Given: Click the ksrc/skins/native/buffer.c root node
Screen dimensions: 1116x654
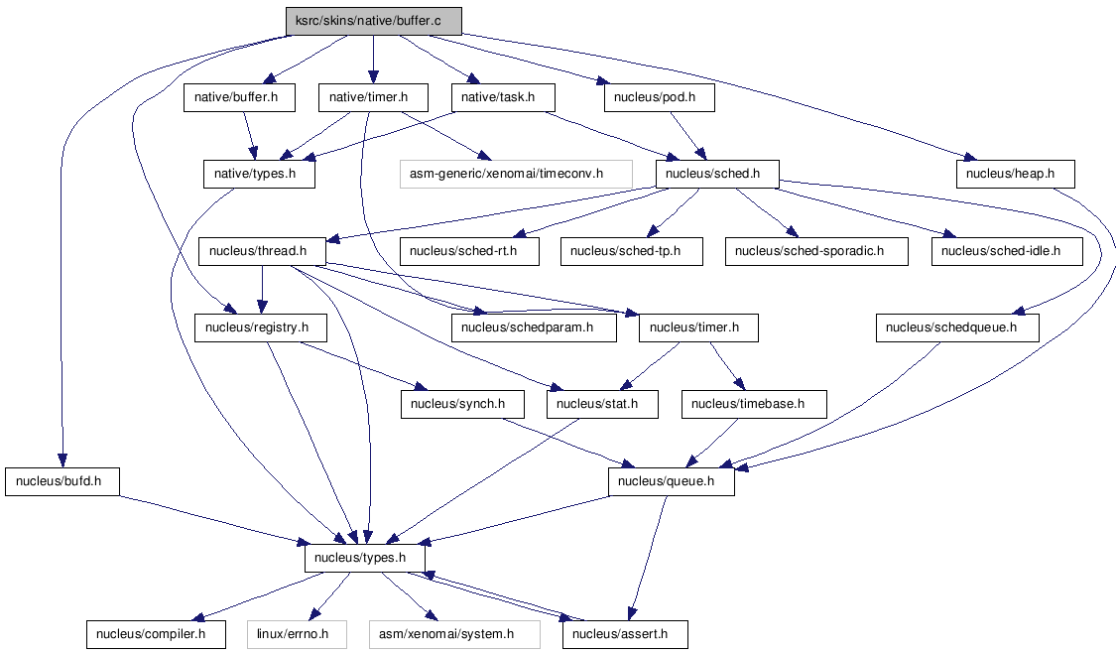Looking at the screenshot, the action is pyautogui.click(x=374, y=21).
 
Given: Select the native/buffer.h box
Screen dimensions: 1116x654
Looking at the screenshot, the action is pyautogui.click(x=239, y=97).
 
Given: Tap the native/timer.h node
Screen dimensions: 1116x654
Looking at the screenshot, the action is pyautogui.click(x=373, y=97).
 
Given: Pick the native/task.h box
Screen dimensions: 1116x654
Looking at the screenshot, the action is pyautogui.click(x=503, y=97).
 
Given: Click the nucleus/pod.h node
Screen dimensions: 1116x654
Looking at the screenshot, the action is pyautogui.click(x=659, y=97).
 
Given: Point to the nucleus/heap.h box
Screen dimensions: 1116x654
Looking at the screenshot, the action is pyautogui.click(x=1015, y=174).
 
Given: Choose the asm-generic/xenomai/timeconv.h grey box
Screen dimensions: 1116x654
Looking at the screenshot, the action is pyautogui.click(x=516, y=174).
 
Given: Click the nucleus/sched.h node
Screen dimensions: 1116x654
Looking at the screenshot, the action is pyautogui.click(x=717, y=174).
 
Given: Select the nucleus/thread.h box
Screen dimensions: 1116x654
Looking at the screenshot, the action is pyautogui.click(x=262, y=251).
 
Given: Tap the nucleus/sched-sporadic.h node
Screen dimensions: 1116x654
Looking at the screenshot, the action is pyautogui.click(x=816, y=251).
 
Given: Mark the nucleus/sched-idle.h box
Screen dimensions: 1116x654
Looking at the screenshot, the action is pyautogui.click(x=1007, y=251).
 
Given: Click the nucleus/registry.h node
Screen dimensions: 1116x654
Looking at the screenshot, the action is pyautogui.click(x=261, y=327).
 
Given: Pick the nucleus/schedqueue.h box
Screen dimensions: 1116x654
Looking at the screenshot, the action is pyautogui.click(x=957, y=327).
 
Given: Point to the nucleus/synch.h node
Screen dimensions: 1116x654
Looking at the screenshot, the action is pyautogui.click(x=462, y=405).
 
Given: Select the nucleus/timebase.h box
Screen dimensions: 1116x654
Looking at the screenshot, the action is pyautogui.click(x=754, y=405).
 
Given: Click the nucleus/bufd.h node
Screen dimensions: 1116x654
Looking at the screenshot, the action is pyautogui.click(x=62, y=481).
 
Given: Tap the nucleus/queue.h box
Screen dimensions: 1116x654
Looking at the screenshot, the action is pyautogui.click(x=672, y=481).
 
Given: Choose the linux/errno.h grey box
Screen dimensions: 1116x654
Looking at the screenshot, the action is pyautogui.click(x=297, y=634).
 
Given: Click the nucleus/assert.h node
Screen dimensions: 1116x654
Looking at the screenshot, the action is pyautogui.click(x=625, y=634).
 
